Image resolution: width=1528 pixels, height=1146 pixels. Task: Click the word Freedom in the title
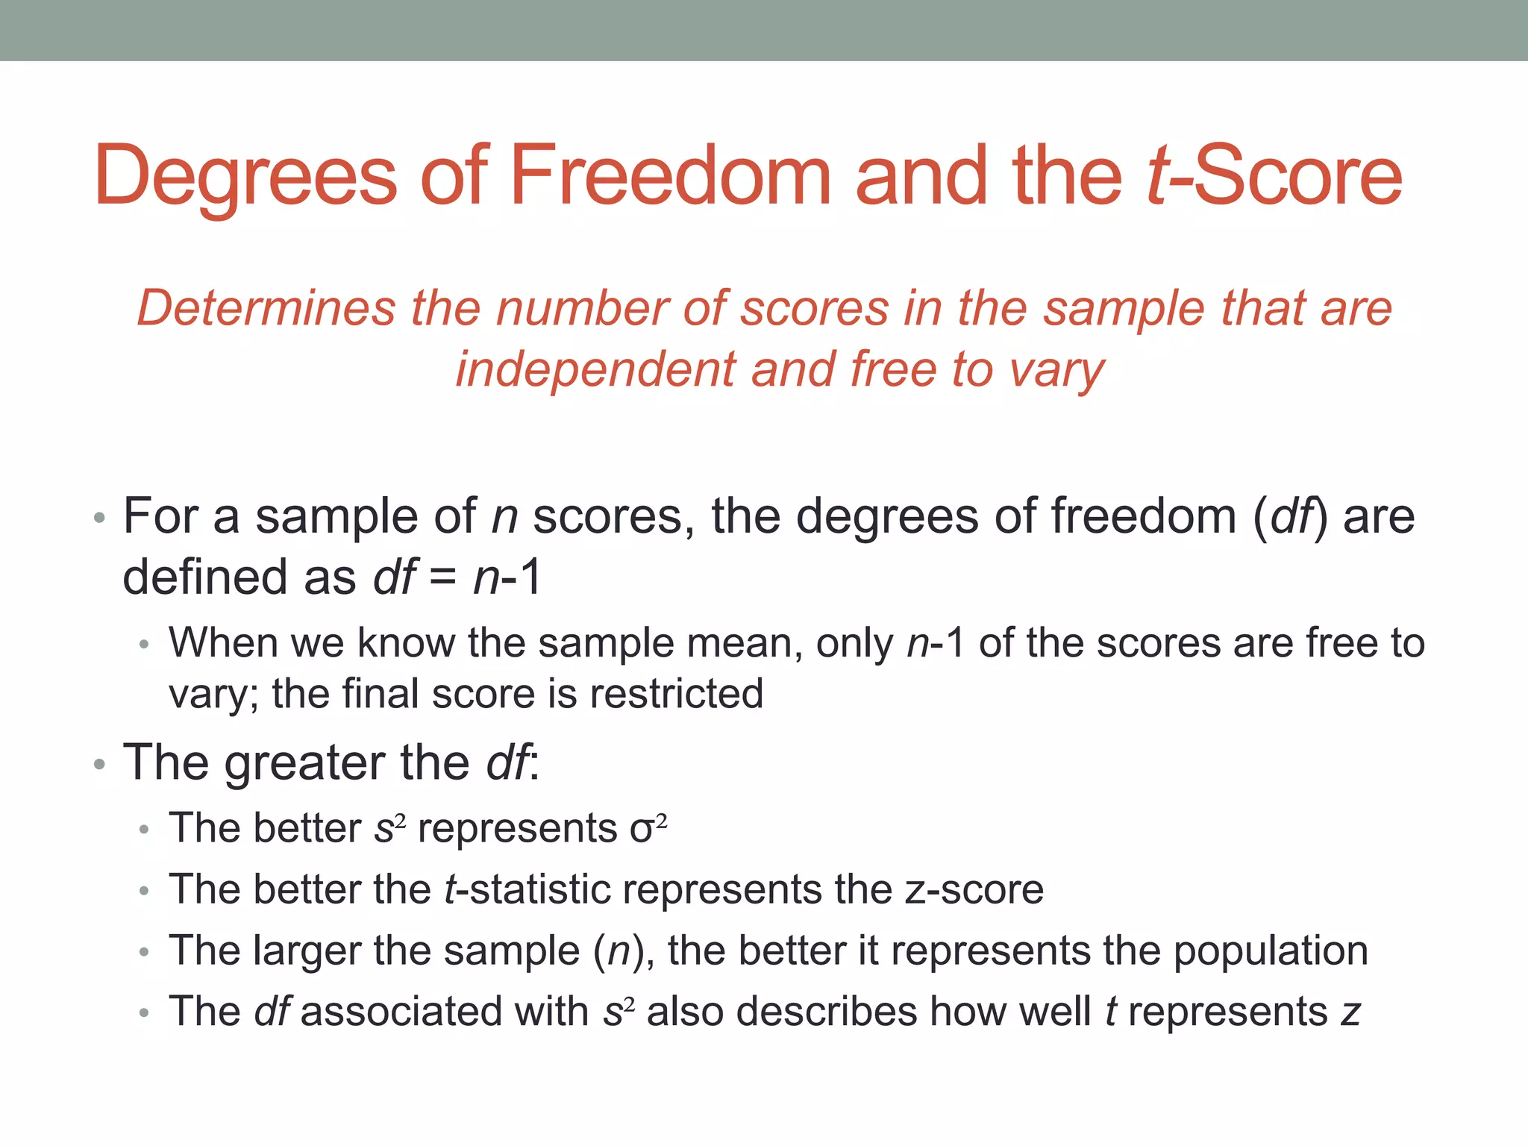point(669,176)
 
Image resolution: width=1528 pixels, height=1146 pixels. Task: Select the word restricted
point(677,693)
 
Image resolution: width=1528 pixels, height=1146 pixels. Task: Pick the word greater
point(304,763)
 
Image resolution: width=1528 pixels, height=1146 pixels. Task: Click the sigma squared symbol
point(648,828)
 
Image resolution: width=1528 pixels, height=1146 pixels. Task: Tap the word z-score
point(974,889)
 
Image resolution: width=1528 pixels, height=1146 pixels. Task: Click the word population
point(1271,951)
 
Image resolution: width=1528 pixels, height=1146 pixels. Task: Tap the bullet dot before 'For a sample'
point(100,518)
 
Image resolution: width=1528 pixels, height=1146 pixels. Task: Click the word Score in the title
point(1297,176)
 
